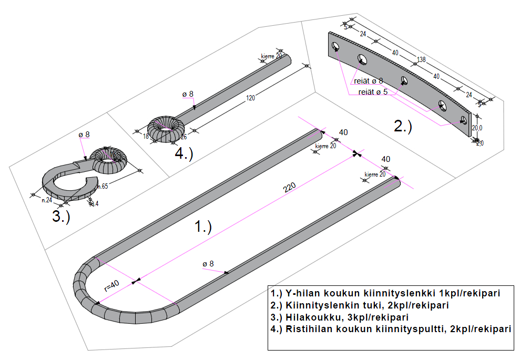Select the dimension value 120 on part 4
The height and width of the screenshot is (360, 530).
250,97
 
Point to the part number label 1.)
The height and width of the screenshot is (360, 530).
203,227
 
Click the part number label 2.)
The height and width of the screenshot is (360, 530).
403,126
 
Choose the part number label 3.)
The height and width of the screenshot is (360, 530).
61,217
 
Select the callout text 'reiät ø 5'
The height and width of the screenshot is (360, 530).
373,92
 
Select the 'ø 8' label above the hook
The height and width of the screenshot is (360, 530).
84,135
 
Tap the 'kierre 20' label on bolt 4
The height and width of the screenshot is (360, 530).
272,55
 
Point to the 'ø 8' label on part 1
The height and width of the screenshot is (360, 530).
208,263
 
